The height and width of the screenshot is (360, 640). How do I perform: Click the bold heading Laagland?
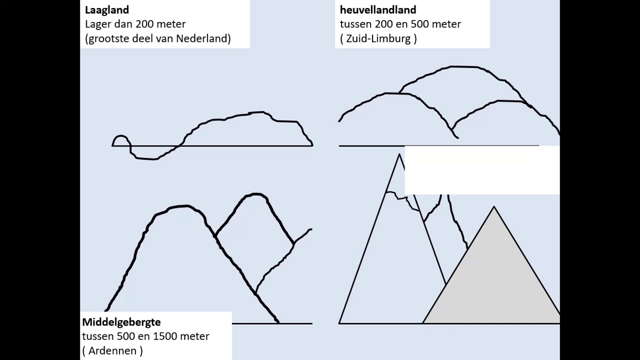[107, 10]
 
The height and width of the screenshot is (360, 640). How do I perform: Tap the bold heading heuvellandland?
[378, 10]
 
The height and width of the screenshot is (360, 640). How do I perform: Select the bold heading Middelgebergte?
[121, 323]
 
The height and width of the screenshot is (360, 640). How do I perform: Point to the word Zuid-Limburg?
[378, 38]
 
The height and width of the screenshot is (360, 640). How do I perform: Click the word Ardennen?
[112, 350]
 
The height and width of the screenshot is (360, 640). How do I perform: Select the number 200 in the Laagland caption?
[144, 24]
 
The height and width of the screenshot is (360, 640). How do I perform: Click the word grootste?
[109, 39]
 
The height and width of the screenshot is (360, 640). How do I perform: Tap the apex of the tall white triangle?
[399, 154]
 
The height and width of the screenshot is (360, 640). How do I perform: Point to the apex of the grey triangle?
[494, 206]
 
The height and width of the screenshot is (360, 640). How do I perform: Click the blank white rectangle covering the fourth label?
[482, 170]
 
